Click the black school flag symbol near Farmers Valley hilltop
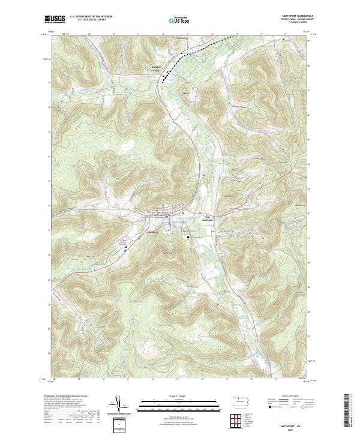(x=185, y=93)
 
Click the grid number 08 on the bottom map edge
(x=54, y=379)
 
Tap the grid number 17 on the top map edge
(x=286, y=34)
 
